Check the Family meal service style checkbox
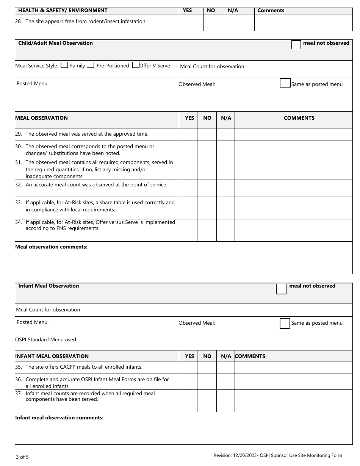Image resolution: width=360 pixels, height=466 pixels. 64,65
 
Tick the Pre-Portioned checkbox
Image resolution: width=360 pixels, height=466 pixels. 90,65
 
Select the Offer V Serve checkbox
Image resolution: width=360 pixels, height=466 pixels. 136,65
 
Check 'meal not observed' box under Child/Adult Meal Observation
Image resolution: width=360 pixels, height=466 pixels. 296,45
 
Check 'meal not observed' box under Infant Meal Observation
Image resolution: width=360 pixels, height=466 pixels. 281,289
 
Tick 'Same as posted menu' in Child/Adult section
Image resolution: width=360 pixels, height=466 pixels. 285,83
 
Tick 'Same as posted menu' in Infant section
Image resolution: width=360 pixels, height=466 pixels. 285,324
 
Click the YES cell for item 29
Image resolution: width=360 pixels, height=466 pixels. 188,134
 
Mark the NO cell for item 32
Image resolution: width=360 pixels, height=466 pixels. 207,188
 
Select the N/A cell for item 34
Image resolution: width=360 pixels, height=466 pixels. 226,230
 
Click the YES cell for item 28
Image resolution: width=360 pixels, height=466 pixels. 191,22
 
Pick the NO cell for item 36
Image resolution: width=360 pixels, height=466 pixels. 207,382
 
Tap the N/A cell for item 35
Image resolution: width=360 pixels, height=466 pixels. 226,367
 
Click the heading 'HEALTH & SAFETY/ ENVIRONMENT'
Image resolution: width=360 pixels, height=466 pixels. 63,11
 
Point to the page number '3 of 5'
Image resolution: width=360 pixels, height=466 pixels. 22,457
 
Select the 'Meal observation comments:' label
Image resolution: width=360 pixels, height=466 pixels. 51,247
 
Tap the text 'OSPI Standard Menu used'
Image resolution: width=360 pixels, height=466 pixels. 46,339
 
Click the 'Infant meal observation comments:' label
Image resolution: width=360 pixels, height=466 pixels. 59,418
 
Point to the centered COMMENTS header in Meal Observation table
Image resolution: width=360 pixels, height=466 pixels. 299,118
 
